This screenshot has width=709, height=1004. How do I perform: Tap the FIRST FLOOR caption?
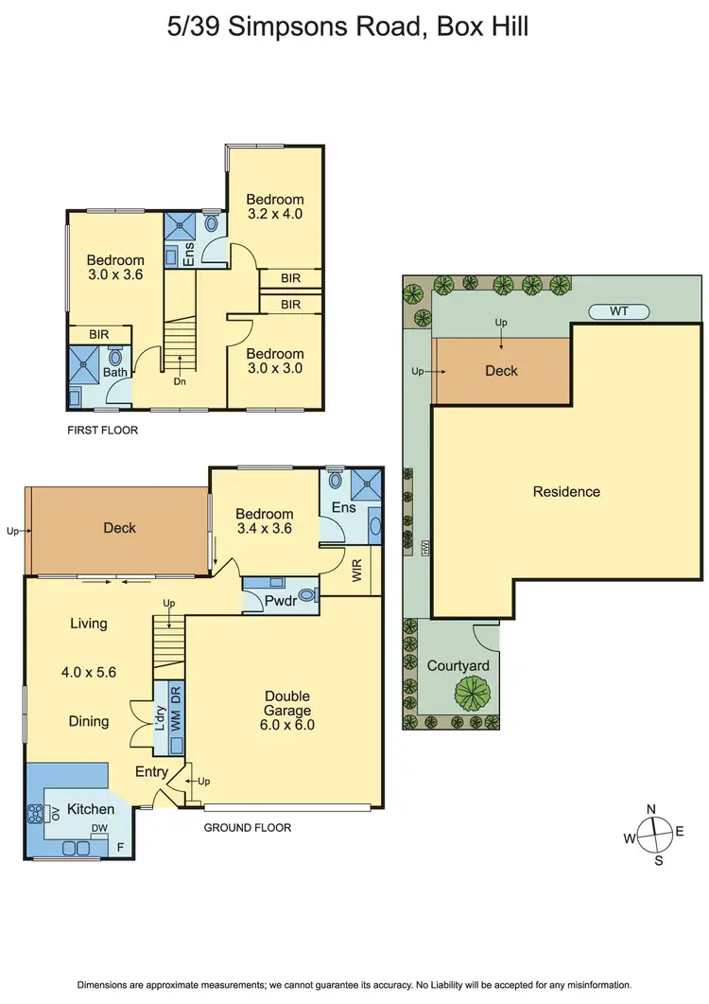coord(102,430)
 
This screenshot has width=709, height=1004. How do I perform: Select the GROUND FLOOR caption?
coord(248,827)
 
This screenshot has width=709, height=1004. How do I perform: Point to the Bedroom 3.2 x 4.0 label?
coord(275,206)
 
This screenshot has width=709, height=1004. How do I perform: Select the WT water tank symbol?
coord(619,311)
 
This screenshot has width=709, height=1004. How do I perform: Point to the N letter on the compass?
coord(650,809)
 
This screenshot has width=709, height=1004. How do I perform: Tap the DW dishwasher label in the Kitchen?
coord(99,828)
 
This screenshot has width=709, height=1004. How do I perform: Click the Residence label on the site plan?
coord(566,491)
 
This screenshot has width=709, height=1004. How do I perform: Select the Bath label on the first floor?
coord(115,373)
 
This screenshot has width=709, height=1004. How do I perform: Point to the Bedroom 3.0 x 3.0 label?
coord(274,361)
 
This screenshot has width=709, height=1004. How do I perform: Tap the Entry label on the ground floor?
coord(150,772)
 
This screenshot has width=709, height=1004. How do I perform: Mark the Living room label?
coord(88,624)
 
